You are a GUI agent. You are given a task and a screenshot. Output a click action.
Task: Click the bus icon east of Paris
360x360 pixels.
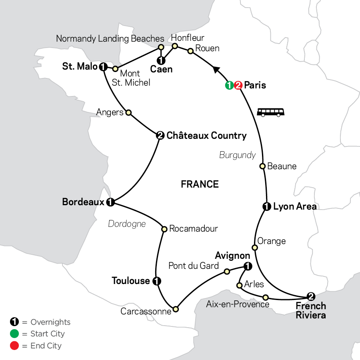point(271,112)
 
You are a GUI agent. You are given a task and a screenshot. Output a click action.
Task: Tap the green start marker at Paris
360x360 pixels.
point(229,85)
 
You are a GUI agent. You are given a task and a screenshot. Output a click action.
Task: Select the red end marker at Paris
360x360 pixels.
point(238,85)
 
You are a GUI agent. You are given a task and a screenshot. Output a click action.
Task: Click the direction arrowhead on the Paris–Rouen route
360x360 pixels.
point(217,70)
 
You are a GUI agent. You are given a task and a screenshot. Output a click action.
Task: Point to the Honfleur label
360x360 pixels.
point(188,38)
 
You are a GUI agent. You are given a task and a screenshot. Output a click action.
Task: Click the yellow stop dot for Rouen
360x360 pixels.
point(191,51)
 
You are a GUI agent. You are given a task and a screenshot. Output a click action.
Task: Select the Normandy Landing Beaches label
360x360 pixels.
point(110,39)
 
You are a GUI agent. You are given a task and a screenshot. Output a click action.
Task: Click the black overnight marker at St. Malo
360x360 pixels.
point(103,66)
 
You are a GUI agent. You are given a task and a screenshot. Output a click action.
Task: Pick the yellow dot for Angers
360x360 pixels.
point(128,113)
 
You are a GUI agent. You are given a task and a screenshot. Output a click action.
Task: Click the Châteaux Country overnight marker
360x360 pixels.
point(160,136)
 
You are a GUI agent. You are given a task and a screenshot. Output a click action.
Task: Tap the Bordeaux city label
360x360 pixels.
point(83,202)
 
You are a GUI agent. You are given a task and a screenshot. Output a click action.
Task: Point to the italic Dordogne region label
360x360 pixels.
point(127,224)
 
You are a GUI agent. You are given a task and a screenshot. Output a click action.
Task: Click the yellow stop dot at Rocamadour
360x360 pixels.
point(164,229)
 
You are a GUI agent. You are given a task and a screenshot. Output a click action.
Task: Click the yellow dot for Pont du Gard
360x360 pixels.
point(227,272)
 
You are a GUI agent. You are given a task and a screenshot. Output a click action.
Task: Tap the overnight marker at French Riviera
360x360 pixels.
point(310,296)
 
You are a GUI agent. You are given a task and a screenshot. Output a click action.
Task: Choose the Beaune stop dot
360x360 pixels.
point(263,166)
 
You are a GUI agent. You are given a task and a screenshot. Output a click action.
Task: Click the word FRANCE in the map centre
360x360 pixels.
point(200,184)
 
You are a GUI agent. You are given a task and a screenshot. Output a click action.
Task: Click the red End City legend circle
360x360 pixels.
point(14,346)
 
